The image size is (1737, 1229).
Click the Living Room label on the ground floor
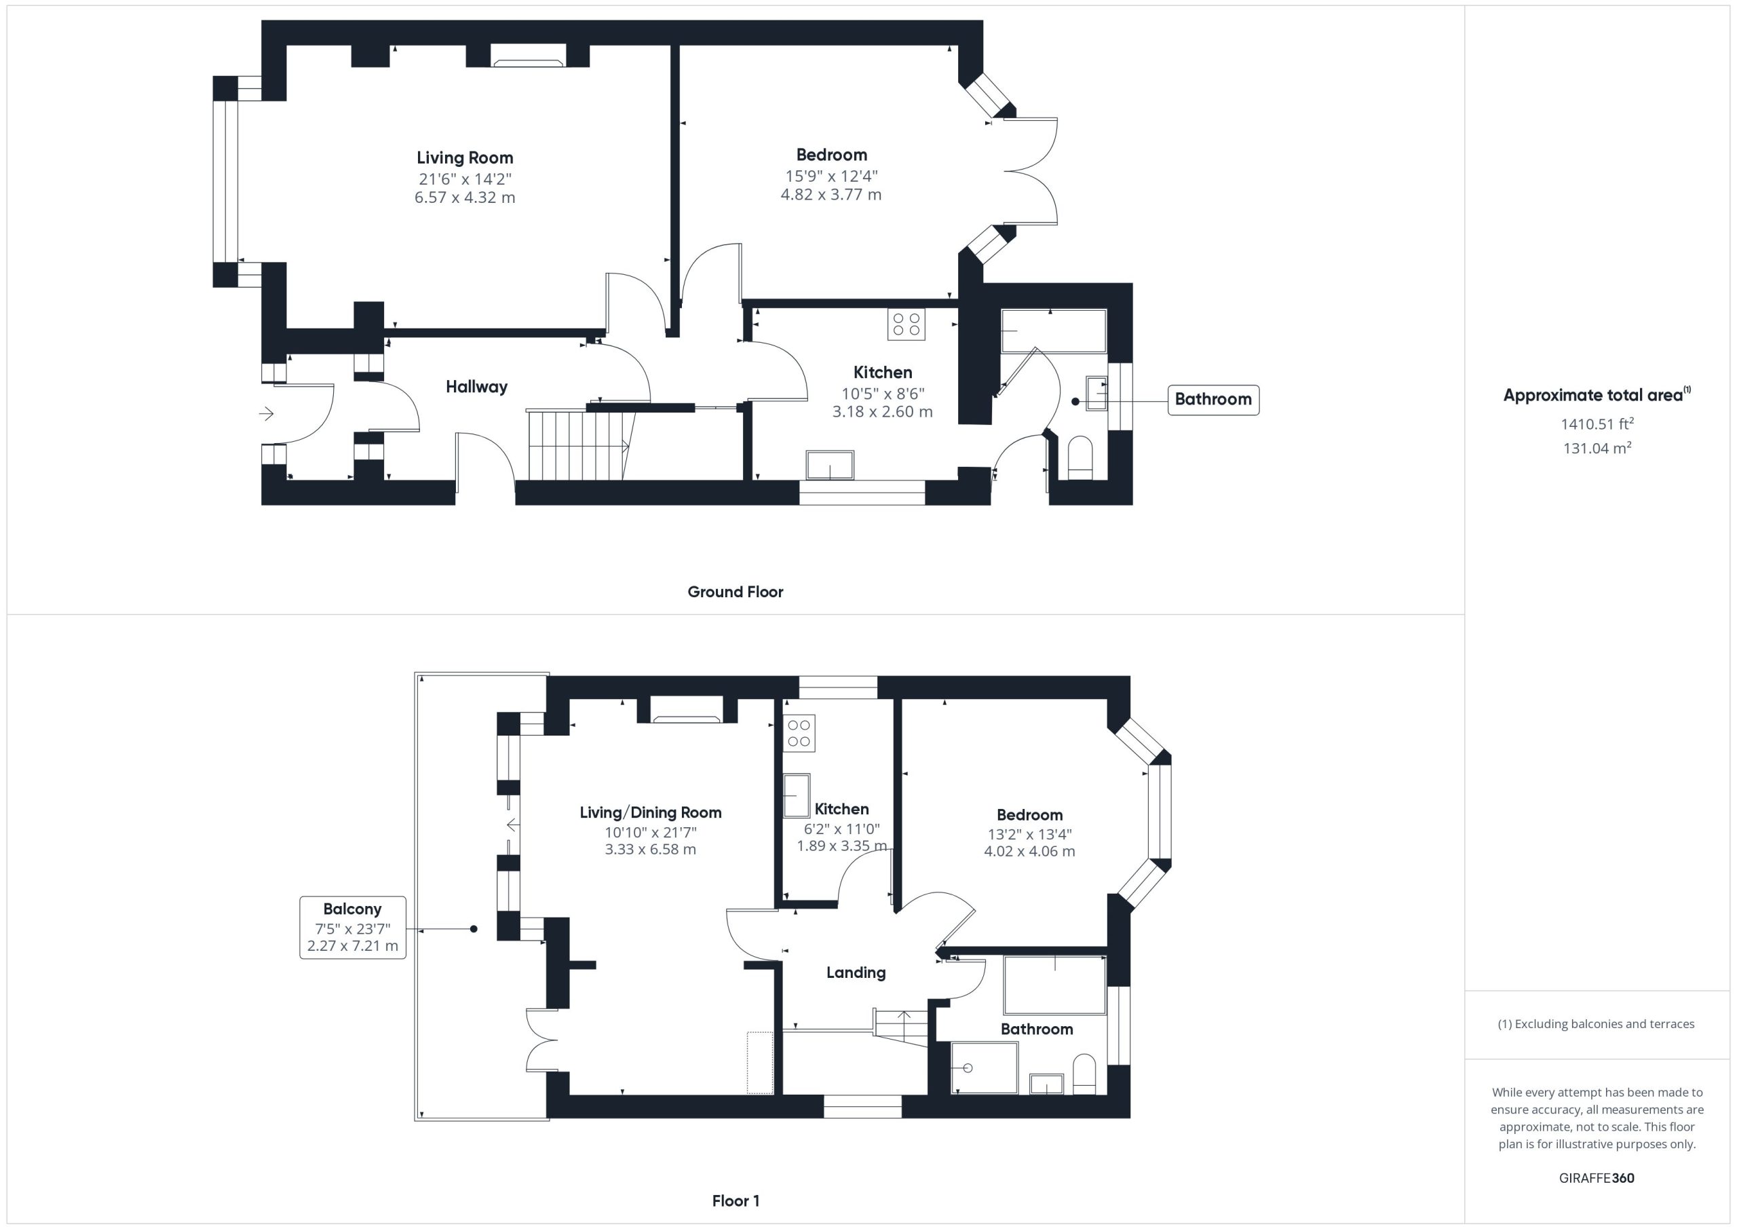point(465,158)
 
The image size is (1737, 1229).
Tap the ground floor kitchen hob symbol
point(906,324)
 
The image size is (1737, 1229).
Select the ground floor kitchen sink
point(830,465)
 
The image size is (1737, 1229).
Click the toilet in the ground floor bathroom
point(1080,458)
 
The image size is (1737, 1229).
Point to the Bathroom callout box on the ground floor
point(1213,400)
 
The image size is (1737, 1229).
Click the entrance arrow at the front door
point(266,414)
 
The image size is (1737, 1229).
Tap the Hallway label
point(476,387)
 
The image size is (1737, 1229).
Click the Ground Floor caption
point(736,592)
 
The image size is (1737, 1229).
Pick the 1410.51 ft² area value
point(1597,423)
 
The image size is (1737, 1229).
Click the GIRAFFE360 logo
point(1597,1178)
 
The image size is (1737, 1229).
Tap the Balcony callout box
point(353,928)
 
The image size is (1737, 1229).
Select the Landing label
point(856,972)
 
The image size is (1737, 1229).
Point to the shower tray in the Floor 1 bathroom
point(985,1067)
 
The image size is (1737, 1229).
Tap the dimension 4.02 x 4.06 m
point(1029,852)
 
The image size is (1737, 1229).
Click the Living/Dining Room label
point(651,813)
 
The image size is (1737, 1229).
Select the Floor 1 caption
point(736,1201)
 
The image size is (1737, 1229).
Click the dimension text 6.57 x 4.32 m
point(465,197)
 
